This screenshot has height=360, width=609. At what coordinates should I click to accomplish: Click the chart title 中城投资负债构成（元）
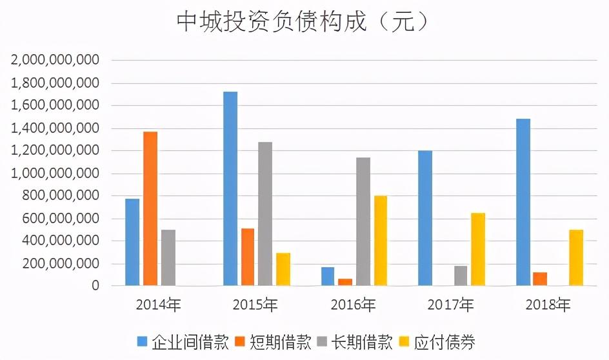[x=303, y=21]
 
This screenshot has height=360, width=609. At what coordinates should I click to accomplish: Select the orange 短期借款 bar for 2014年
[x=150, y=208]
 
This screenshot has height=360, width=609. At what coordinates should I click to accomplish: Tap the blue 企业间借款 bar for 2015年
[x=230, y=189]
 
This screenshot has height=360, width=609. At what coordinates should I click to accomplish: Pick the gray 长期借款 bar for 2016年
[x=363, y=222]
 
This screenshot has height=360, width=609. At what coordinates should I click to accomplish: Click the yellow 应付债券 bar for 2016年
[x=381, y=241]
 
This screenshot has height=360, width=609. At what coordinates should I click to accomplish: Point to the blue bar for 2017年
[x=425, y=218]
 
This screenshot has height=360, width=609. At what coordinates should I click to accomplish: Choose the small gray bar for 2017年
[x=461, y=275]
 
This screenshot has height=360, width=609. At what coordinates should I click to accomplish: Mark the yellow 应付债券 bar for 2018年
[x=576, y=258]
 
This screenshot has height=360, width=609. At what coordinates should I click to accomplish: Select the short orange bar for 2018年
[x=540, y=279]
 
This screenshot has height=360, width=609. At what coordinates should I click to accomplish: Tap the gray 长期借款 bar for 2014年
[x=168, y=258]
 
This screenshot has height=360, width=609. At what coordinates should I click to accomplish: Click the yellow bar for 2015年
[x=283, y=270]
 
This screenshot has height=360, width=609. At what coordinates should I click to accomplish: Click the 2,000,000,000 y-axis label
[x=55, y=60]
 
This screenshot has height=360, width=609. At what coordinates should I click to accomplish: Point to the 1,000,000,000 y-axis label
[x=55, y=174]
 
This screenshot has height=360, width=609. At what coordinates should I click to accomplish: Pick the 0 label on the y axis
[x=95, y=286]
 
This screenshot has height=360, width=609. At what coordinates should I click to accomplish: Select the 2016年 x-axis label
[x=353, y=305]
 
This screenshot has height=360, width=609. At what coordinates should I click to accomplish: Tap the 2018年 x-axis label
[x=548, y=305]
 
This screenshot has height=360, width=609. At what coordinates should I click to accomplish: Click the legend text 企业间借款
[x=190, y=342]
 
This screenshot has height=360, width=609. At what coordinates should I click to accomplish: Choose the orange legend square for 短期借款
[x=241, y=342]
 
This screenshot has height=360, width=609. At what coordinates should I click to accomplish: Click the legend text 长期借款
[x=361, y=342]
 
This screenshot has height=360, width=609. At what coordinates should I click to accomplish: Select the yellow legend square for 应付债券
[x=404, y=342]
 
